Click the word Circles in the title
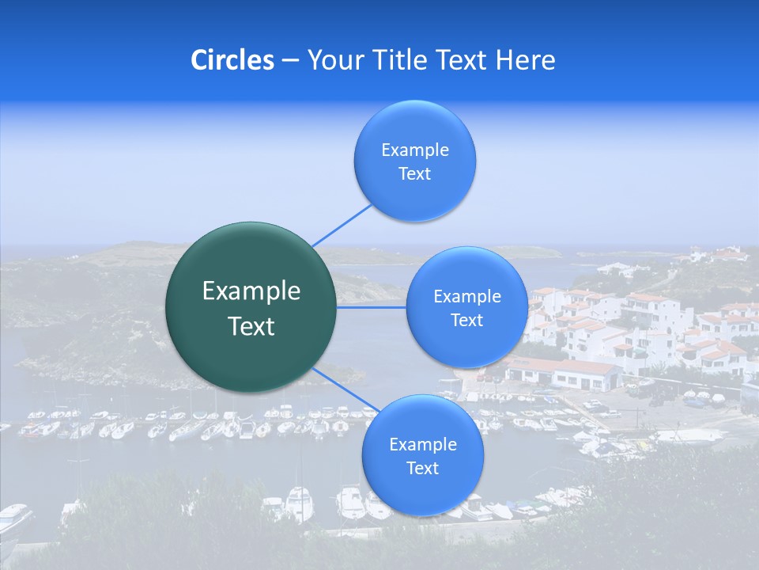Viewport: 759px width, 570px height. tap(232, 60)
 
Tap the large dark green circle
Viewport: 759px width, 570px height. tap(251, 307)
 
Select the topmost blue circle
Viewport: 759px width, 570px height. tap(415, 161)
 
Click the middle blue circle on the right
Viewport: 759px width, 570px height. tap(467, 307)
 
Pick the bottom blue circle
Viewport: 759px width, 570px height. tap(422, 455)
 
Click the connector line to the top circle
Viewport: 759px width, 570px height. tap(342, 225)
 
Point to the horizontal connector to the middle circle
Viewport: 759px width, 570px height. tap(372, 307)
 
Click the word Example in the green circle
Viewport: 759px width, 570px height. tap(251, 291)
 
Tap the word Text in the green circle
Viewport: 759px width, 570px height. tap(251, 326)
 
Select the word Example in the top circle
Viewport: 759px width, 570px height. tap(415, 150)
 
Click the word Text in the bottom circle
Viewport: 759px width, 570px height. tap(422, 468)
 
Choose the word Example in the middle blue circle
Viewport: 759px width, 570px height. tap(467, 297)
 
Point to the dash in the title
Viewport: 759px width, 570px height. tap(290, 61)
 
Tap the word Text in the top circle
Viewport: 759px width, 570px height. tap(415, 173)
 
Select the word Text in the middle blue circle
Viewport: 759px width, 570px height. tap(467, 320)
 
